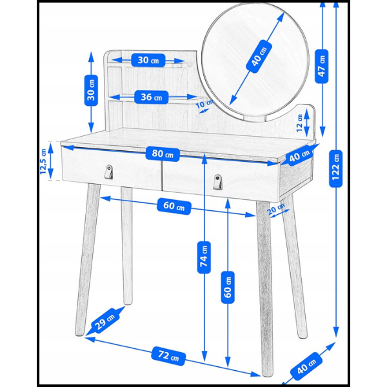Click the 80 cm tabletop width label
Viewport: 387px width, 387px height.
[x=163, y=155]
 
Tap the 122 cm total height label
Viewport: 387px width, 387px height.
[x=335, y=168]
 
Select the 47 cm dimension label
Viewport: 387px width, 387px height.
[x=322, y=66]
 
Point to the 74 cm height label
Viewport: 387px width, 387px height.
[x=204, y=257]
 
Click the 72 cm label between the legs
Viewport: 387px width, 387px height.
[x=168, y=355]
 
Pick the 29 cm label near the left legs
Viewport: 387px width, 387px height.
[x=105, y=321]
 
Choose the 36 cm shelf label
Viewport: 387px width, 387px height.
[x=152, y=97]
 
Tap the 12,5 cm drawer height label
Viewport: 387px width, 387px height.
[x=43, y=161]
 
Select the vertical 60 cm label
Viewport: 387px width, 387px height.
[x=228, y=287]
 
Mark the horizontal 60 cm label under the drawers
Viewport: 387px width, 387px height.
[x=174, y=206]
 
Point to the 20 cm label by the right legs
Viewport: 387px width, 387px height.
[x=276, y=209]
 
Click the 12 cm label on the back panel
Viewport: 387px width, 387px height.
[x=299, y=123]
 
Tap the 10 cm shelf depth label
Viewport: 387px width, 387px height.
[x=204, y=104]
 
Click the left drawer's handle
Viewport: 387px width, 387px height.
[x=109, y=172]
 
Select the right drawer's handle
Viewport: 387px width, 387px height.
[x=217, y=182]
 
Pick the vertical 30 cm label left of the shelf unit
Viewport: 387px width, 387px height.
[x=91, y=90]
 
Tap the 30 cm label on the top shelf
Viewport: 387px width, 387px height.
[x=148, y=60]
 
